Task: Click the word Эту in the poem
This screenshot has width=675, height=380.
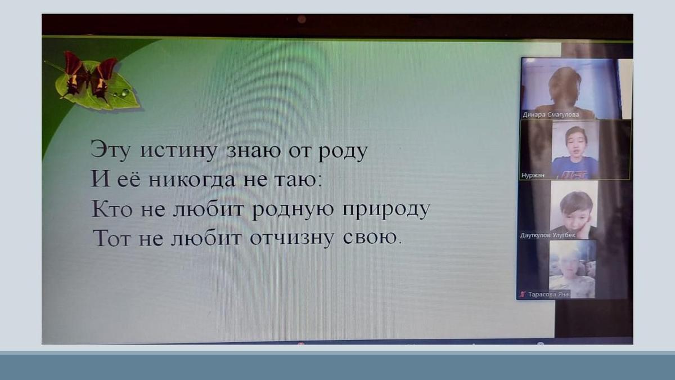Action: (110, 150)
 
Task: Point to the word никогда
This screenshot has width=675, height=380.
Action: (192, 180)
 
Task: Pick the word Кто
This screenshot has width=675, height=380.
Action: (112, 208)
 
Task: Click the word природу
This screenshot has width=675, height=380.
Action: (386, 209)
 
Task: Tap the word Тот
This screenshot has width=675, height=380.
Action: (111, 238)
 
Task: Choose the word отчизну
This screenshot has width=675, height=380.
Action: (292, 238)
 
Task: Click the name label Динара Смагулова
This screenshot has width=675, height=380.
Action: (551, 115)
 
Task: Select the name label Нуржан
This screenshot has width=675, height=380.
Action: (533, 175)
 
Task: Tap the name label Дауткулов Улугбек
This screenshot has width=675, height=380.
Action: (547, 235)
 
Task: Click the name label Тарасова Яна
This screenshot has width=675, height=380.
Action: (548, 294)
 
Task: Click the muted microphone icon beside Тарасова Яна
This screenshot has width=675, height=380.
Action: (523, 294)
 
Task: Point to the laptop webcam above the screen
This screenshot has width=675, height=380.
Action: (301, 19)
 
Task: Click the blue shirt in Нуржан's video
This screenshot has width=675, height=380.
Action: (574, 168)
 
